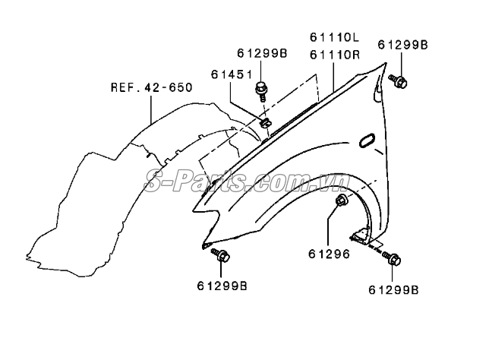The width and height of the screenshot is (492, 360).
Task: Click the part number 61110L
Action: [335, 37]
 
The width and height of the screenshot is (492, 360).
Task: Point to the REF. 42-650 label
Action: [150, 87]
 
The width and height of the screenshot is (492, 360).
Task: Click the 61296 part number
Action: [329, 254]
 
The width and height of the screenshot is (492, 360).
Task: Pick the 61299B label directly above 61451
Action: [262, 53]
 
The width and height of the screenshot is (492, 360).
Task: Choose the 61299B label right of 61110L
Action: [402, 46]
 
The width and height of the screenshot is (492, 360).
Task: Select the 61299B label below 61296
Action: [394, 289]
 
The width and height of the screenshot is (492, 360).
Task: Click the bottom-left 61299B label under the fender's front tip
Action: [221, 286]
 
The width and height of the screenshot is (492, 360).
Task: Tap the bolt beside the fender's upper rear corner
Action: [399, 81]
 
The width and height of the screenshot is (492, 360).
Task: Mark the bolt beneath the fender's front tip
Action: [221, 256]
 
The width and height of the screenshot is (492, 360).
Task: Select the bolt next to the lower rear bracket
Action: [393, 259]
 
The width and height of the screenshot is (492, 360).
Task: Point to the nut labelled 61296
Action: [341, 201]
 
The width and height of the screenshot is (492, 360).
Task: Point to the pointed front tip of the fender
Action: [205, 245]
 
